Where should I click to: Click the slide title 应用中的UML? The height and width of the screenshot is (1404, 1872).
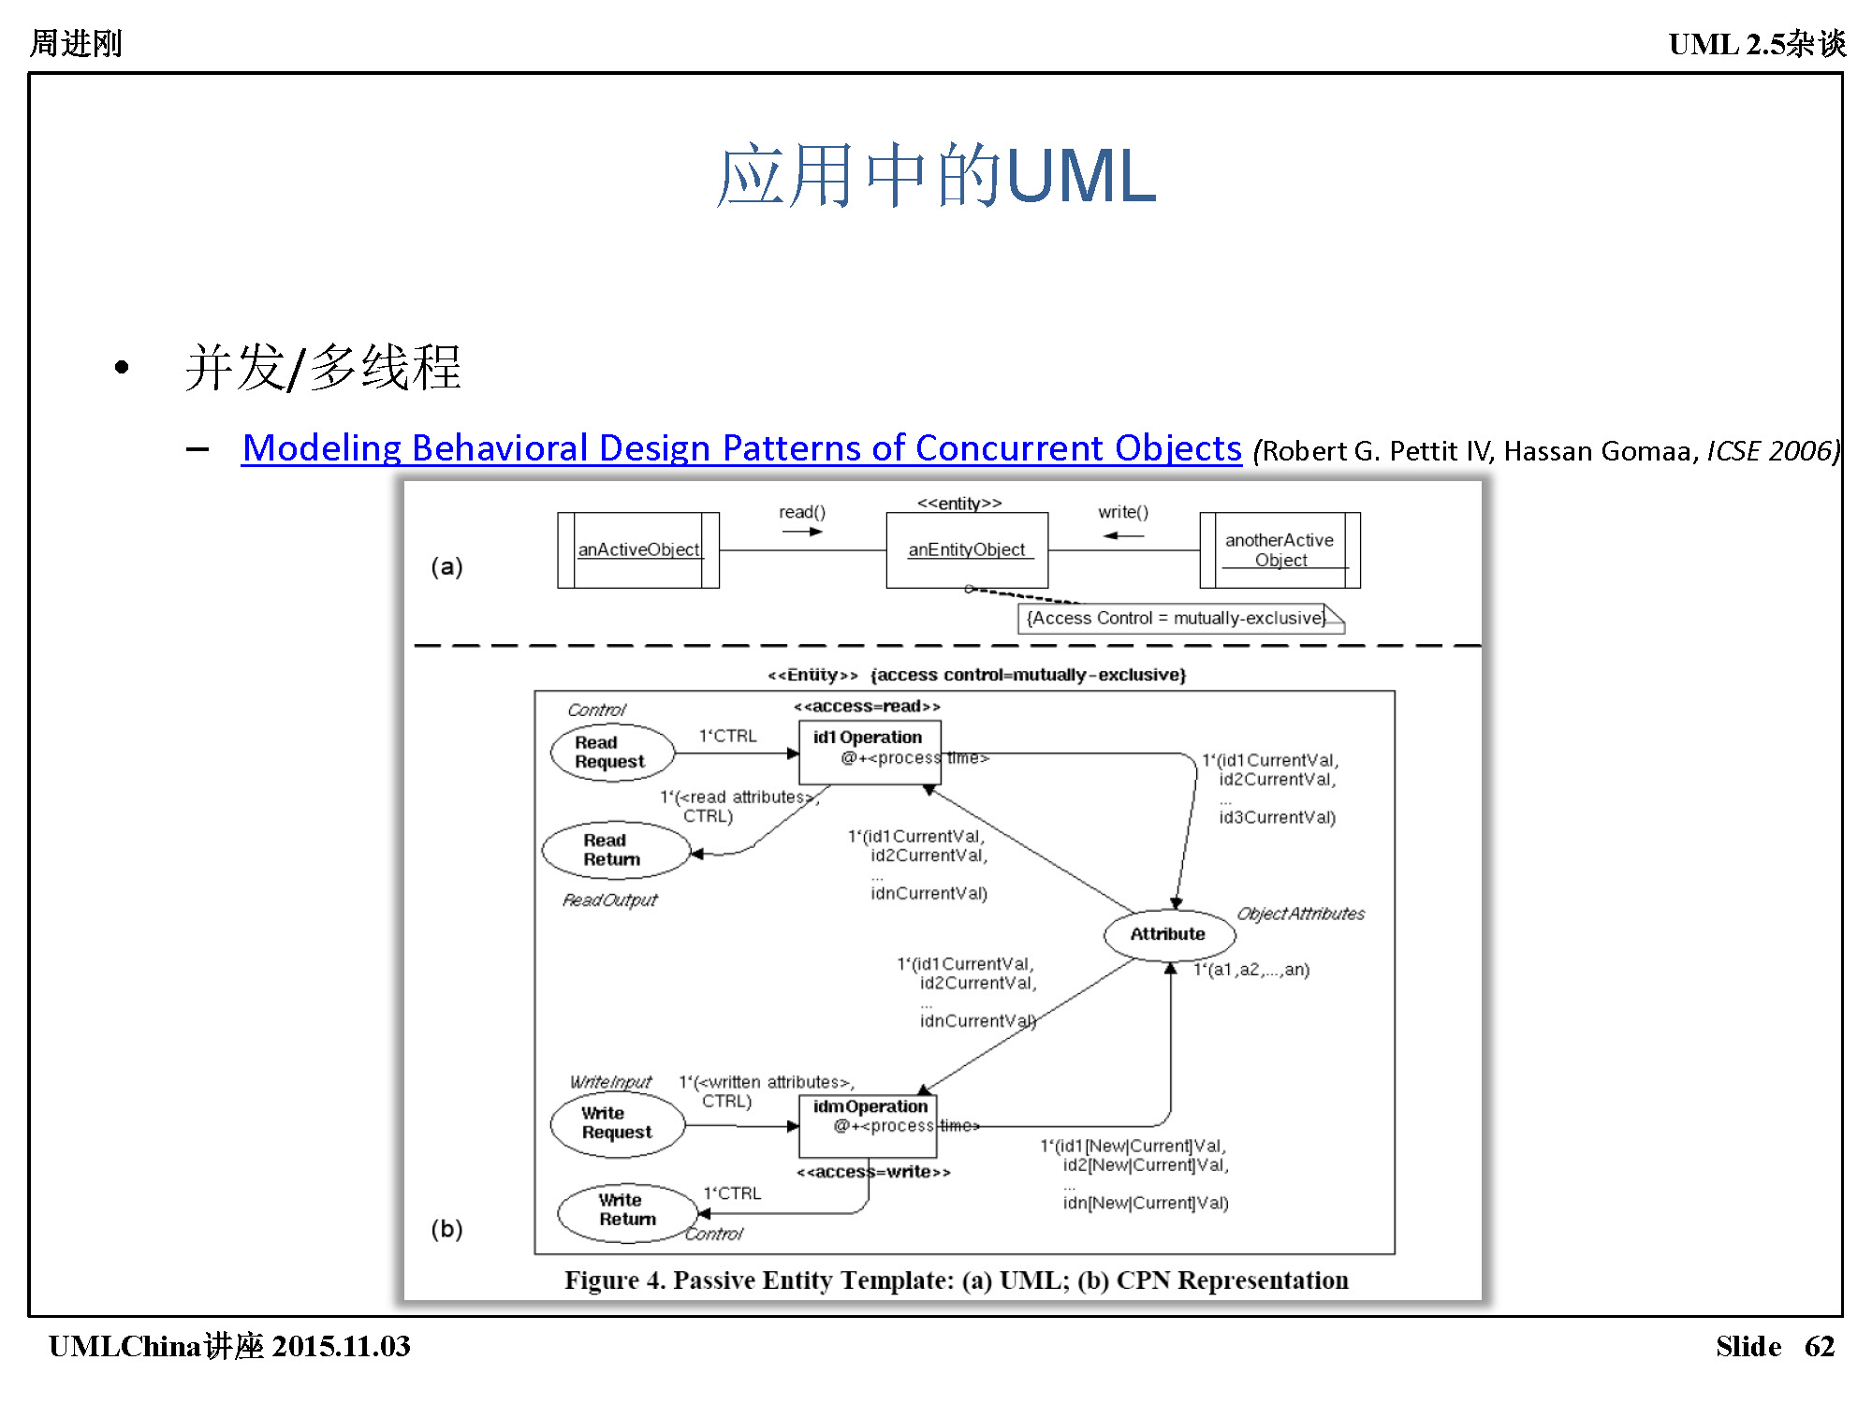[x=936, y=176]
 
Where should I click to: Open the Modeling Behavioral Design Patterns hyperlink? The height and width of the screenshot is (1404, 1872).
[x=741, y=448]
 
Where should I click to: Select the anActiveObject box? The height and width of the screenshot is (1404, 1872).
[x=638, y=550]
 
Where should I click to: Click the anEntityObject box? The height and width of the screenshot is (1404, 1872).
[x=967, y=550]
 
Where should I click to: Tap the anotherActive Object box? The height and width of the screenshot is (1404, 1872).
[x=1280, y=550]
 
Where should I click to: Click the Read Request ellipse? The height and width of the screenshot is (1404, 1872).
[x=611, y=753]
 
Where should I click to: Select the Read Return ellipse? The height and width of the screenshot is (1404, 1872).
[x=615, y=850]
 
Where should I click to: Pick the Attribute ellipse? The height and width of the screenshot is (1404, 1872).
[x=1168, y=934]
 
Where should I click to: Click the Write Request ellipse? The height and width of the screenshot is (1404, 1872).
[x=617, y=1122]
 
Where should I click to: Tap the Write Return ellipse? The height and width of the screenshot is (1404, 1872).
[x=627, y=1210]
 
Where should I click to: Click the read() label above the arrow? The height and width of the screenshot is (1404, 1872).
[x=802, y=512]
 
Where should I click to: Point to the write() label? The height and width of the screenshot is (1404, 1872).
[x=1122, y=512]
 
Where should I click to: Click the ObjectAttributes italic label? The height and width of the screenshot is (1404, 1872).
[x=1300, y=914]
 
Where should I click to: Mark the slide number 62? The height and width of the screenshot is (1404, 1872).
[x=1819, y=1346]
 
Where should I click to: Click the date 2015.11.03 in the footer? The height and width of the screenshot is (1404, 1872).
[x=341, y=1346]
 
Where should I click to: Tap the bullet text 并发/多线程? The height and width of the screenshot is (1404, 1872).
[x=323, y=367]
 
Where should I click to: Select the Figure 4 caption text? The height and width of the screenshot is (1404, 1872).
[x=956, y=1280]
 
